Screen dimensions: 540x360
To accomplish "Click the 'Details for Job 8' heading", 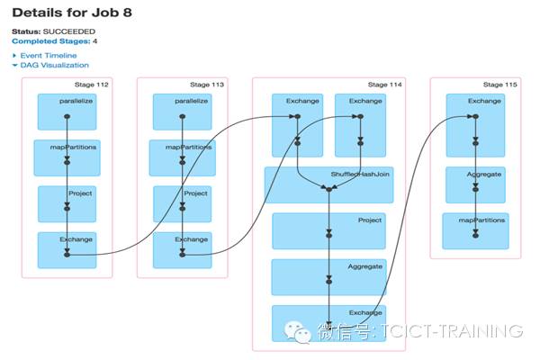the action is tap(72, 13).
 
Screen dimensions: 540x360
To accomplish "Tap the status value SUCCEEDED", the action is tap(69, 31).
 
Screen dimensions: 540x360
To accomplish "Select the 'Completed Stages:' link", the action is tap(51, 41).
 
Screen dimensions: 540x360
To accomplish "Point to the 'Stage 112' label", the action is tap(91, 85).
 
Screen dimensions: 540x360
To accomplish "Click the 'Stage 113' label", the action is tap(207, 85).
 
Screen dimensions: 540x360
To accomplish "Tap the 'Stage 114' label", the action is tap(384, 85).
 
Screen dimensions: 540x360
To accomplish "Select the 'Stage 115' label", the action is tap(499, 85).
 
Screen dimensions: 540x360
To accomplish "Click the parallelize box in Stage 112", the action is tap(67, 112).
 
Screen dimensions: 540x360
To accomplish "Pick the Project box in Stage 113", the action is tap(182, 204).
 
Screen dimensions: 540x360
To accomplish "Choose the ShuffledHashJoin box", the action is tap(328, 185).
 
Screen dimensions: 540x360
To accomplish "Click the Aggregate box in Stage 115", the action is tap(475, 185).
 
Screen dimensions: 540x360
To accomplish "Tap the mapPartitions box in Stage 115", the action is tap(475, 230).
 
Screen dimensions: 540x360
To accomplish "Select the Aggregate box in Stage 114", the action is tap(328, 277).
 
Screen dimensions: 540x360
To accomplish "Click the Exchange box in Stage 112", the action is tap(67, 250).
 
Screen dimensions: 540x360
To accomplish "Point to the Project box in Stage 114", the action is tap(328, 231).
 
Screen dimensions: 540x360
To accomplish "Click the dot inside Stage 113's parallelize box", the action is tap(183, 116).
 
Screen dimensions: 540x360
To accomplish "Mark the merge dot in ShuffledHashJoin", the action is tap(328, 190).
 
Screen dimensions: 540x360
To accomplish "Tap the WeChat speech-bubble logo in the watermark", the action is tap(298, 332).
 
